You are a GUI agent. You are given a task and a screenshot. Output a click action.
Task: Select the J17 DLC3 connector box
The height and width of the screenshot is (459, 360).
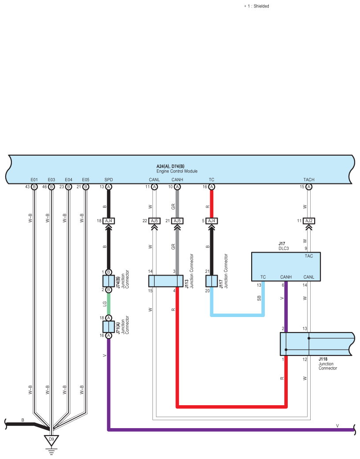coord(286,267)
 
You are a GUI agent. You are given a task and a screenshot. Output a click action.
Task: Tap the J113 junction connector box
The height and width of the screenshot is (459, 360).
coord(166,281)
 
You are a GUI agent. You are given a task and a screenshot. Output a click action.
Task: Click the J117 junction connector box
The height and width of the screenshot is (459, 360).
coord(212,281)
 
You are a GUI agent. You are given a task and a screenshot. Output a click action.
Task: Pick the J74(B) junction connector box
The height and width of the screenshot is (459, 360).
coord(108,281)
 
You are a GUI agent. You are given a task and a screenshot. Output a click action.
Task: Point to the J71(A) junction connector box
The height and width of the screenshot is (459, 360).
coord(108,327)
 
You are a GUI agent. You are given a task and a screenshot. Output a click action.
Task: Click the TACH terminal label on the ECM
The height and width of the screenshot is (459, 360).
coord(309,180)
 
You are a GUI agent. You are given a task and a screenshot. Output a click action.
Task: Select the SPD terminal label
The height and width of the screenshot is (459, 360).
coord(108,180)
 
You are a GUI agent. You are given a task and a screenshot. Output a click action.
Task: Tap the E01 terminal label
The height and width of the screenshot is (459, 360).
coord(34,180)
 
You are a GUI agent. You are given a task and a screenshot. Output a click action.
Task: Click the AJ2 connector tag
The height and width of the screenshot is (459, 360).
coord(309,221)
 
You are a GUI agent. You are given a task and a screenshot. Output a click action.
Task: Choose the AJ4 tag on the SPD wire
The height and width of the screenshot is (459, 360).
coord(108,221)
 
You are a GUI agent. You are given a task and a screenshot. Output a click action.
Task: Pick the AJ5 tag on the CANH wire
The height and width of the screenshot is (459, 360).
coord(177,221)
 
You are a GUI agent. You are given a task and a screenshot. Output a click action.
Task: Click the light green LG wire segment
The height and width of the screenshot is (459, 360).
coord(108,304)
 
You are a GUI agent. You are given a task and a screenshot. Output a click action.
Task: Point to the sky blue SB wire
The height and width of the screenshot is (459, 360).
coord(238,315)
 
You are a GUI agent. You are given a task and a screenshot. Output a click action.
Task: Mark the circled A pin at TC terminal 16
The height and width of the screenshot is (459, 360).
coord(212,187)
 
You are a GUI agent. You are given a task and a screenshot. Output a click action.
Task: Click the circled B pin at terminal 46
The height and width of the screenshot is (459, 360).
coord(52,187)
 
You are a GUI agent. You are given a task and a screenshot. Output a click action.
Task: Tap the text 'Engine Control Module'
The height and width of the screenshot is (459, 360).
coord(177,171)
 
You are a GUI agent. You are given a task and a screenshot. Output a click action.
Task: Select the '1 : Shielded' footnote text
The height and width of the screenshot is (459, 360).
coord(258,6)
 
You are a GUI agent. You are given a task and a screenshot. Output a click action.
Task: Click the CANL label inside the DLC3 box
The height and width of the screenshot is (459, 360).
coord(309,277)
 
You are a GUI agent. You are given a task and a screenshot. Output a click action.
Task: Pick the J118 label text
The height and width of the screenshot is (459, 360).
coord(323,359)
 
